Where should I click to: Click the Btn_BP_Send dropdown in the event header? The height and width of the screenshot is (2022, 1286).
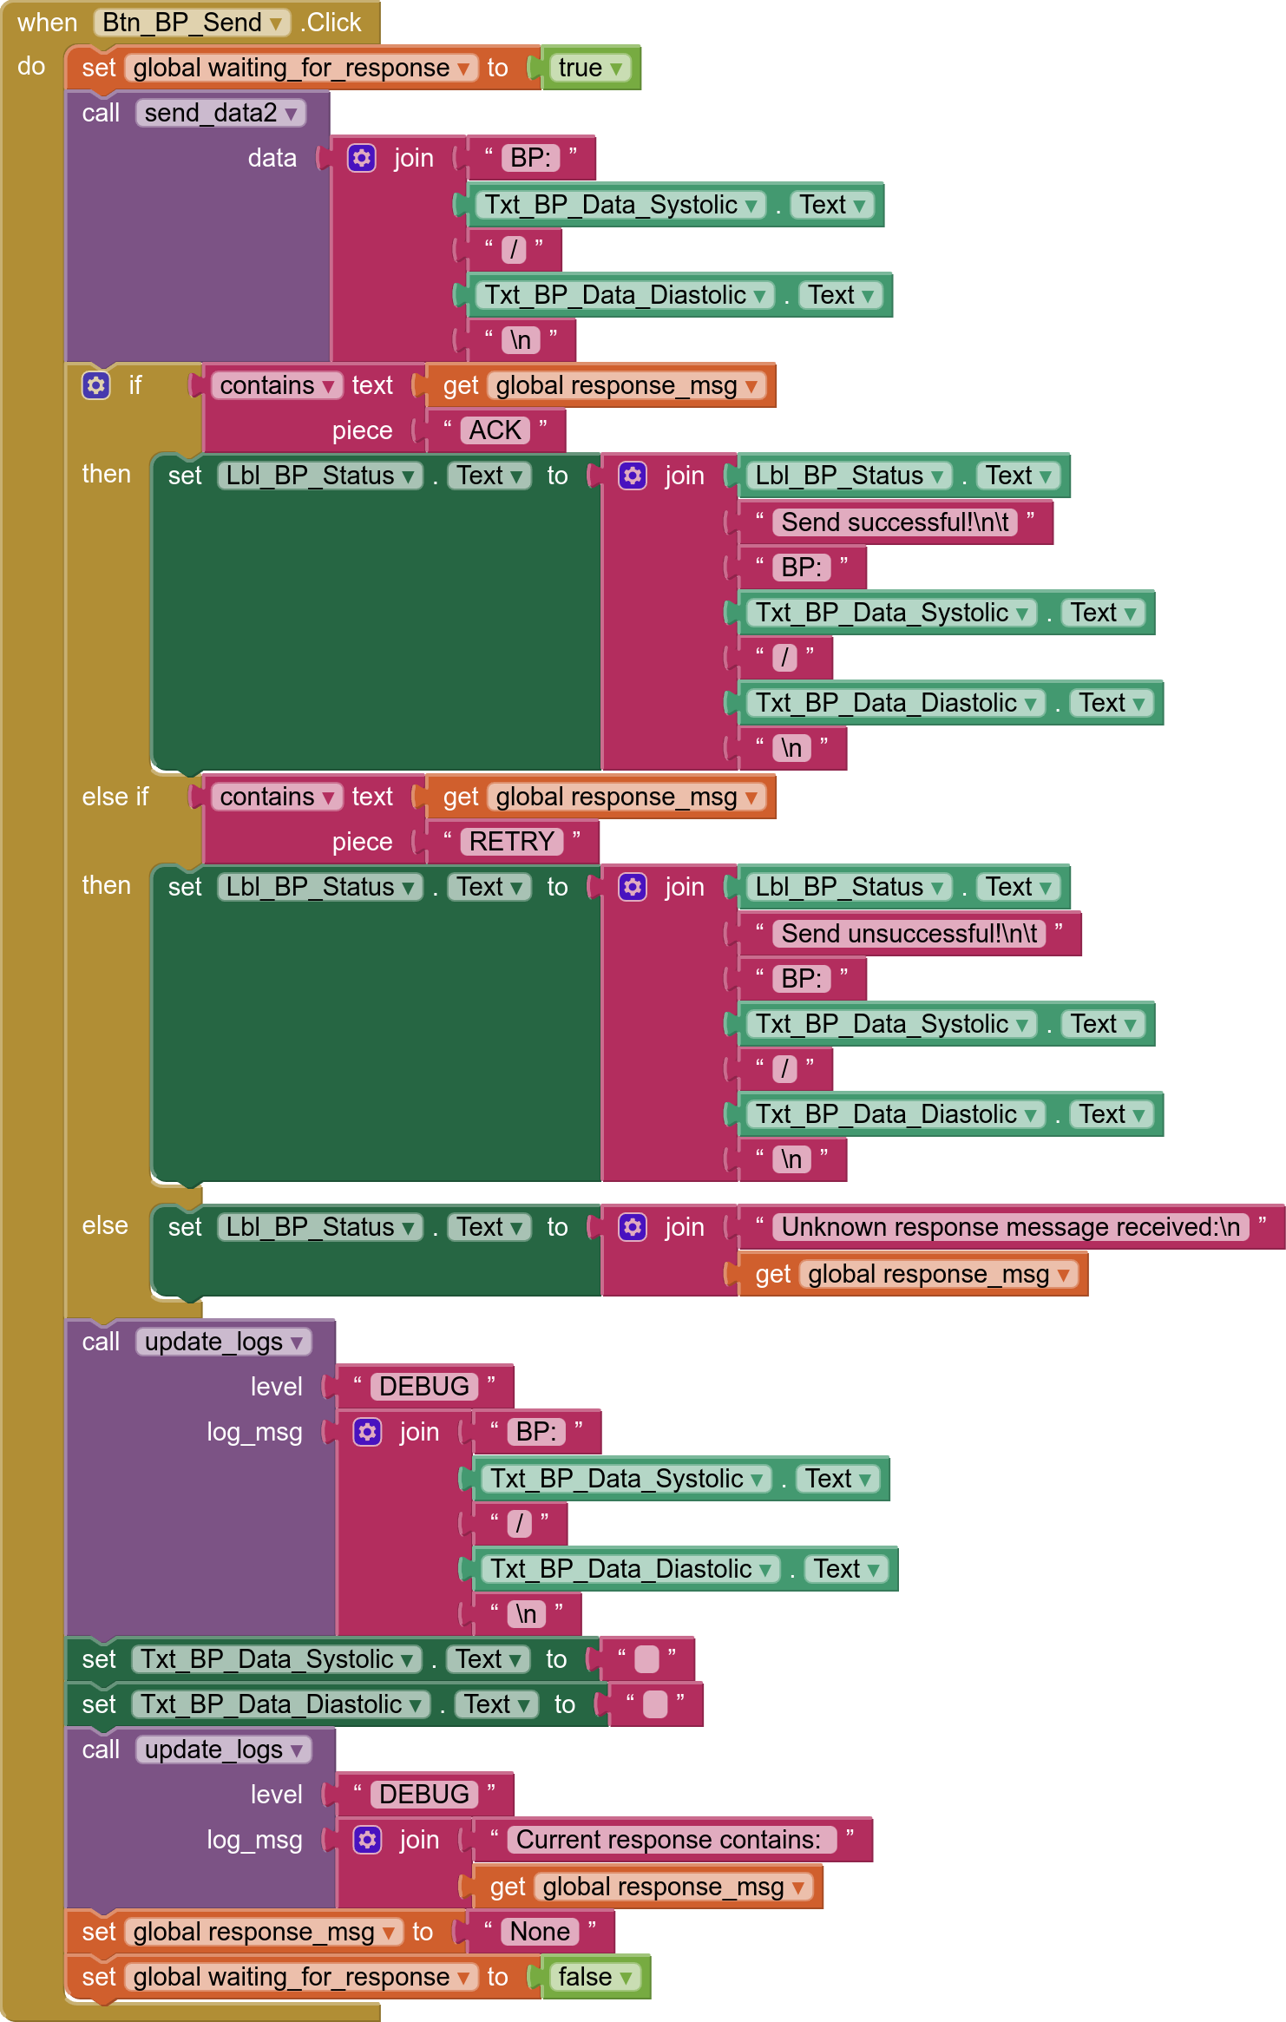click(192, 23)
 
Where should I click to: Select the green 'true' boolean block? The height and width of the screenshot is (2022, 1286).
click(590, 68)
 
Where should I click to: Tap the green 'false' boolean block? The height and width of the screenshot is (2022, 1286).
click(595, 1977)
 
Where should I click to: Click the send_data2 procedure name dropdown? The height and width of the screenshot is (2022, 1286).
click(220, 113)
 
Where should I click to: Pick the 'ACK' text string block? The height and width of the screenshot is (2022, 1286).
click(495, 430)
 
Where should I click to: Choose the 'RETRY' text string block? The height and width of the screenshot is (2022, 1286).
click(512, 842)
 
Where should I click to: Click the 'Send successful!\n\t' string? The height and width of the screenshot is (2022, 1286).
click(895, 522)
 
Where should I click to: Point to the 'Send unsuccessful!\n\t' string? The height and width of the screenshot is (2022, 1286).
click(909, 934)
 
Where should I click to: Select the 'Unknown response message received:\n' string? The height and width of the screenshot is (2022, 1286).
click(1011, 1227)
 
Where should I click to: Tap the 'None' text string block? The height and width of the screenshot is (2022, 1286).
click(540, 1932)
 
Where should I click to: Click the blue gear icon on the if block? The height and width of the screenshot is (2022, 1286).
click(96, 385)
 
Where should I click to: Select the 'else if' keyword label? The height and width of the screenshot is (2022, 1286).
click(115, 797)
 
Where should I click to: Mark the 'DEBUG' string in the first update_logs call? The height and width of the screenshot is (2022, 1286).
click(424, 1387)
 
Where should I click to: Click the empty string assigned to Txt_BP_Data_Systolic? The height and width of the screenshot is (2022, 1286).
click(646, 1659)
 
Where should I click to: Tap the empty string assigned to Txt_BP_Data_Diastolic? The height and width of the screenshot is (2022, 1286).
click(655, 1704)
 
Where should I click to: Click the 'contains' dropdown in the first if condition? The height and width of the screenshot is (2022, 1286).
click(277, 385)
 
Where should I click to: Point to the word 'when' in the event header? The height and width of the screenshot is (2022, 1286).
click(48, 23)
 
